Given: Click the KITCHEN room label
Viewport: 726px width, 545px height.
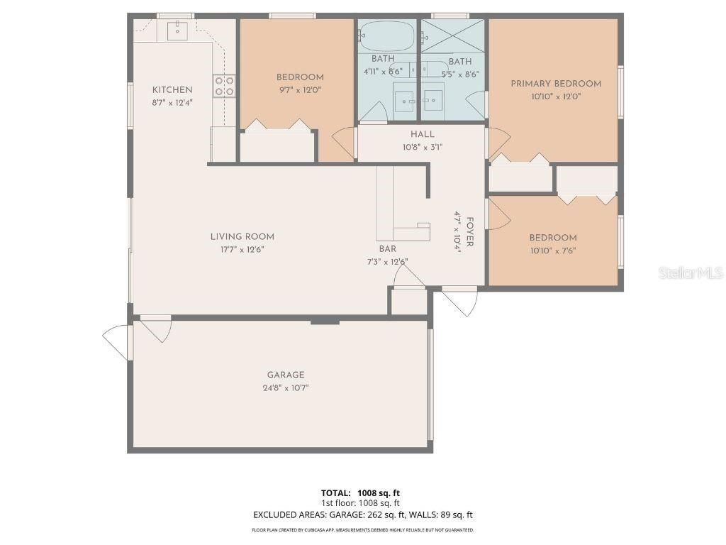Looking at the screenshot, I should click(172, 89).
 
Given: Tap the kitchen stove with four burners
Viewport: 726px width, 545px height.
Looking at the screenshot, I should click(225, 86).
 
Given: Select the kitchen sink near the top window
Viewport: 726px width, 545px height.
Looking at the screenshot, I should click(175, 30).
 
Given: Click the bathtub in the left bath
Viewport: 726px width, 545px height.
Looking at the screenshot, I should click(384, 33).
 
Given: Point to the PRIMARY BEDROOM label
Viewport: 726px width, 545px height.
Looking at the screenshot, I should click(556, 84).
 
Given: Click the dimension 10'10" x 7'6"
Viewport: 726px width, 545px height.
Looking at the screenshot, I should click(552, 251).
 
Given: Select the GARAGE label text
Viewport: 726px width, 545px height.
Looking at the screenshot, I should click(286, 375).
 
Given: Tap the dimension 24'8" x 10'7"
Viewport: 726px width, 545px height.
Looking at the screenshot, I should click(286, 388).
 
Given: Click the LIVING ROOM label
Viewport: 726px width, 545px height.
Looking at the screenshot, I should click(242, 236).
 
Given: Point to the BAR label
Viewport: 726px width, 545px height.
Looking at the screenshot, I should click(387, 249).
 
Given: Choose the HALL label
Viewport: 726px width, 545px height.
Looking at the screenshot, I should click(422, 134).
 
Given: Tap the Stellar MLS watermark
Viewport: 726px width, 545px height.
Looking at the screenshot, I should click(690, 272).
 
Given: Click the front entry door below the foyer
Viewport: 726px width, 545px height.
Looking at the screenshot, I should click(460, 301).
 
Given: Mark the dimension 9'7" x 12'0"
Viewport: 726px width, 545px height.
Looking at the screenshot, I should click(299, 91).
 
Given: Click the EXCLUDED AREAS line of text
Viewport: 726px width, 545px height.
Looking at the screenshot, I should click(362, 514).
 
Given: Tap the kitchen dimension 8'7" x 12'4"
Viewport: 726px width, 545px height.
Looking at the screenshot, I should click(172, 102).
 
